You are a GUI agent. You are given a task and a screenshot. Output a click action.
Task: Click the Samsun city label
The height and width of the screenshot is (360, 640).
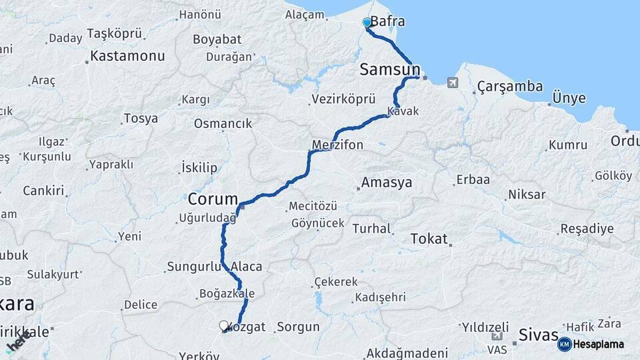click(390, 69)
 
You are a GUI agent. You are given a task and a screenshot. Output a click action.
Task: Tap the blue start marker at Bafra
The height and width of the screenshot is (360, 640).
click(367, 23)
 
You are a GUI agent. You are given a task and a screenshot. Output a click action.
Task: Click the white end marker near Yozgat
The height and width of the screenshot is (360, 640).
click(223, 326)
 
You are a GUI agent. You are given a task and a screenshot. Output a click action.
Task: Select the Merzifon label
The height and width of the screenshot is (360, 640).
click(337, 145)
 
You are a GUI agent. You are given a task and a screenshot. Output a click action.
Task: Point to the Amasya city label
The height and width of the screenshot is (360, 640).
click(387, 182)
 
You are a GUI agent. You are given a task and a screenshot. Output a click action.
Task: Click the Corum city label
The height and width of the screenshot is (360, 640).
click(213, 199)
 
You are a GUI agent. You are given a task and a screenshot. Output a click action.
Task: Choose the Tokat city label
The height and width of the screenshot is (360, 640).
click(429, 239)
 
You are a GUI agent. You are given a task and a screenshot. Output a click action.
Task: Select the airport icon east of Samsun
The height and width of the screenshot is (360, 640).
click(453, 83)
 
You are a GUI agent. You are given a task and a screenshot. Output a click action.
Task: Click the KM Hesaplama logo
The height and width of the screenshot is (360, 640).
click(591, 344)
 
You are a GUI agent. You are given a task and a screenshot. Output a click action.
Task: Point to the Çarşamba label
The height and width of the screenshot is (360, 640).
click(510, 87)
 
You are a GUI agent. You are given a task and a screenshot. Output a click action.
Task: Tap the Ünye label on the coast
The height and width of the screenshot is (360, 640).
click(569, 99)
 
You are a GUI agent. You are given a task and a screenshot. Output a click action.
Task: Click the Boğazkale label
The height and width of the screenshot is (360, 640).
click(227, 293)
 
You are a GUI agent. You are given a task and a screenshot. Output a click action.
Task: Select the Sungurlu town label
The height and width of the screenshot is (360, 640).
click(193, 267)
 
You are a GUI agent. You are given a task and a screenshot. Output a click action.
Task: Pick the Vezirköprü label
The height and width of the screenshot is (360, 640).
click(343, 99)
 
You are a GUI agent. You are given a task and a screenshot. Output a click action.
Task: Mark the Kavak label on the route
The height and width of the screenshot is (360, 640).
click(403, 111)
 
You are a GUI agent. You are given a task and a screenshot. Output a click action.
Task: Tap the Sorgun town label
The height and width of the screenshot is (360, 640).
click(298, 327)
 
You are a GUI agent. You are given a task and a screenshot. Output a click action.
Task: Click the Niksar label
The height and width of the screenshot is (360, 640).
click(527, 195)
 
